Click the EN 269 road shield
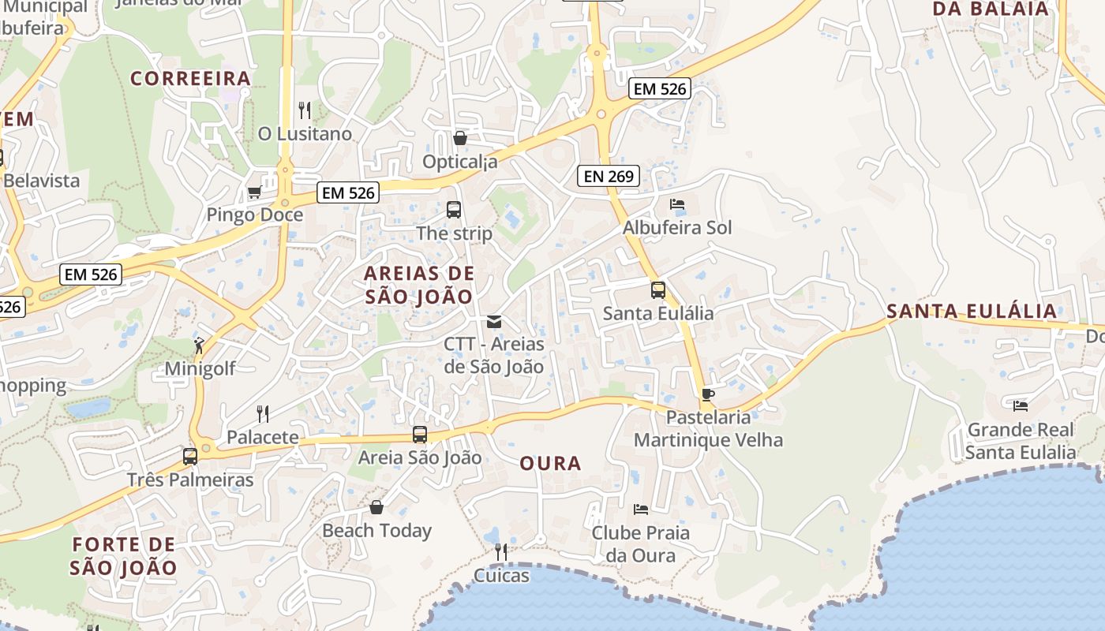[x=608, y=176]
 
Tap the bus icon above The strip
[x=454, y=210]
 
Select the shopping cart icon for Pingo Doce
[x=254, y=192]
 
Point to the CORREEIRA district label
[x=191, y=78]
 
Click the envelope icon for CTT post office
[x=494, y=321]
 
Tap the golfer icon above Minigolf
[x=199, y=345]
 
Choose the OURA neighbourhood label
[x=550, y=464]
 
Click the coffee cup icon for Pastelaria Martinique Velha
[x=707, y=394]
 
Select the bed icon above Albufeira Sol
[x=676, y=204]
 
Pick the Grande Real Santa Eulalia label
[x=1020, y=441]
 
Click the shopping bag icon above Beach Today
[x=376, y=506]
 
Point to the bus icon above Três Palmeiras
[x=189, y=456]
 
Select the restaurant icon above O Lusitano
[x=305, y=110]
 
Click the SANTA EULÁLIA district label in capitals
[x=972, y=311]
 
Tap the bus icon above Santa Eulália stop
[x=658, y=289]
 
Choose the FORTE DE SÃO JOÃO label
[x=123, y=555]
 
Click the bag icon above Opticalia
[x=460, y=138]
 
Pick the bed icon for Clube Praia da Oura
[x=641, y=510]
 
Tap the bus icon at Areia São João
[x=420, y=434]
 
